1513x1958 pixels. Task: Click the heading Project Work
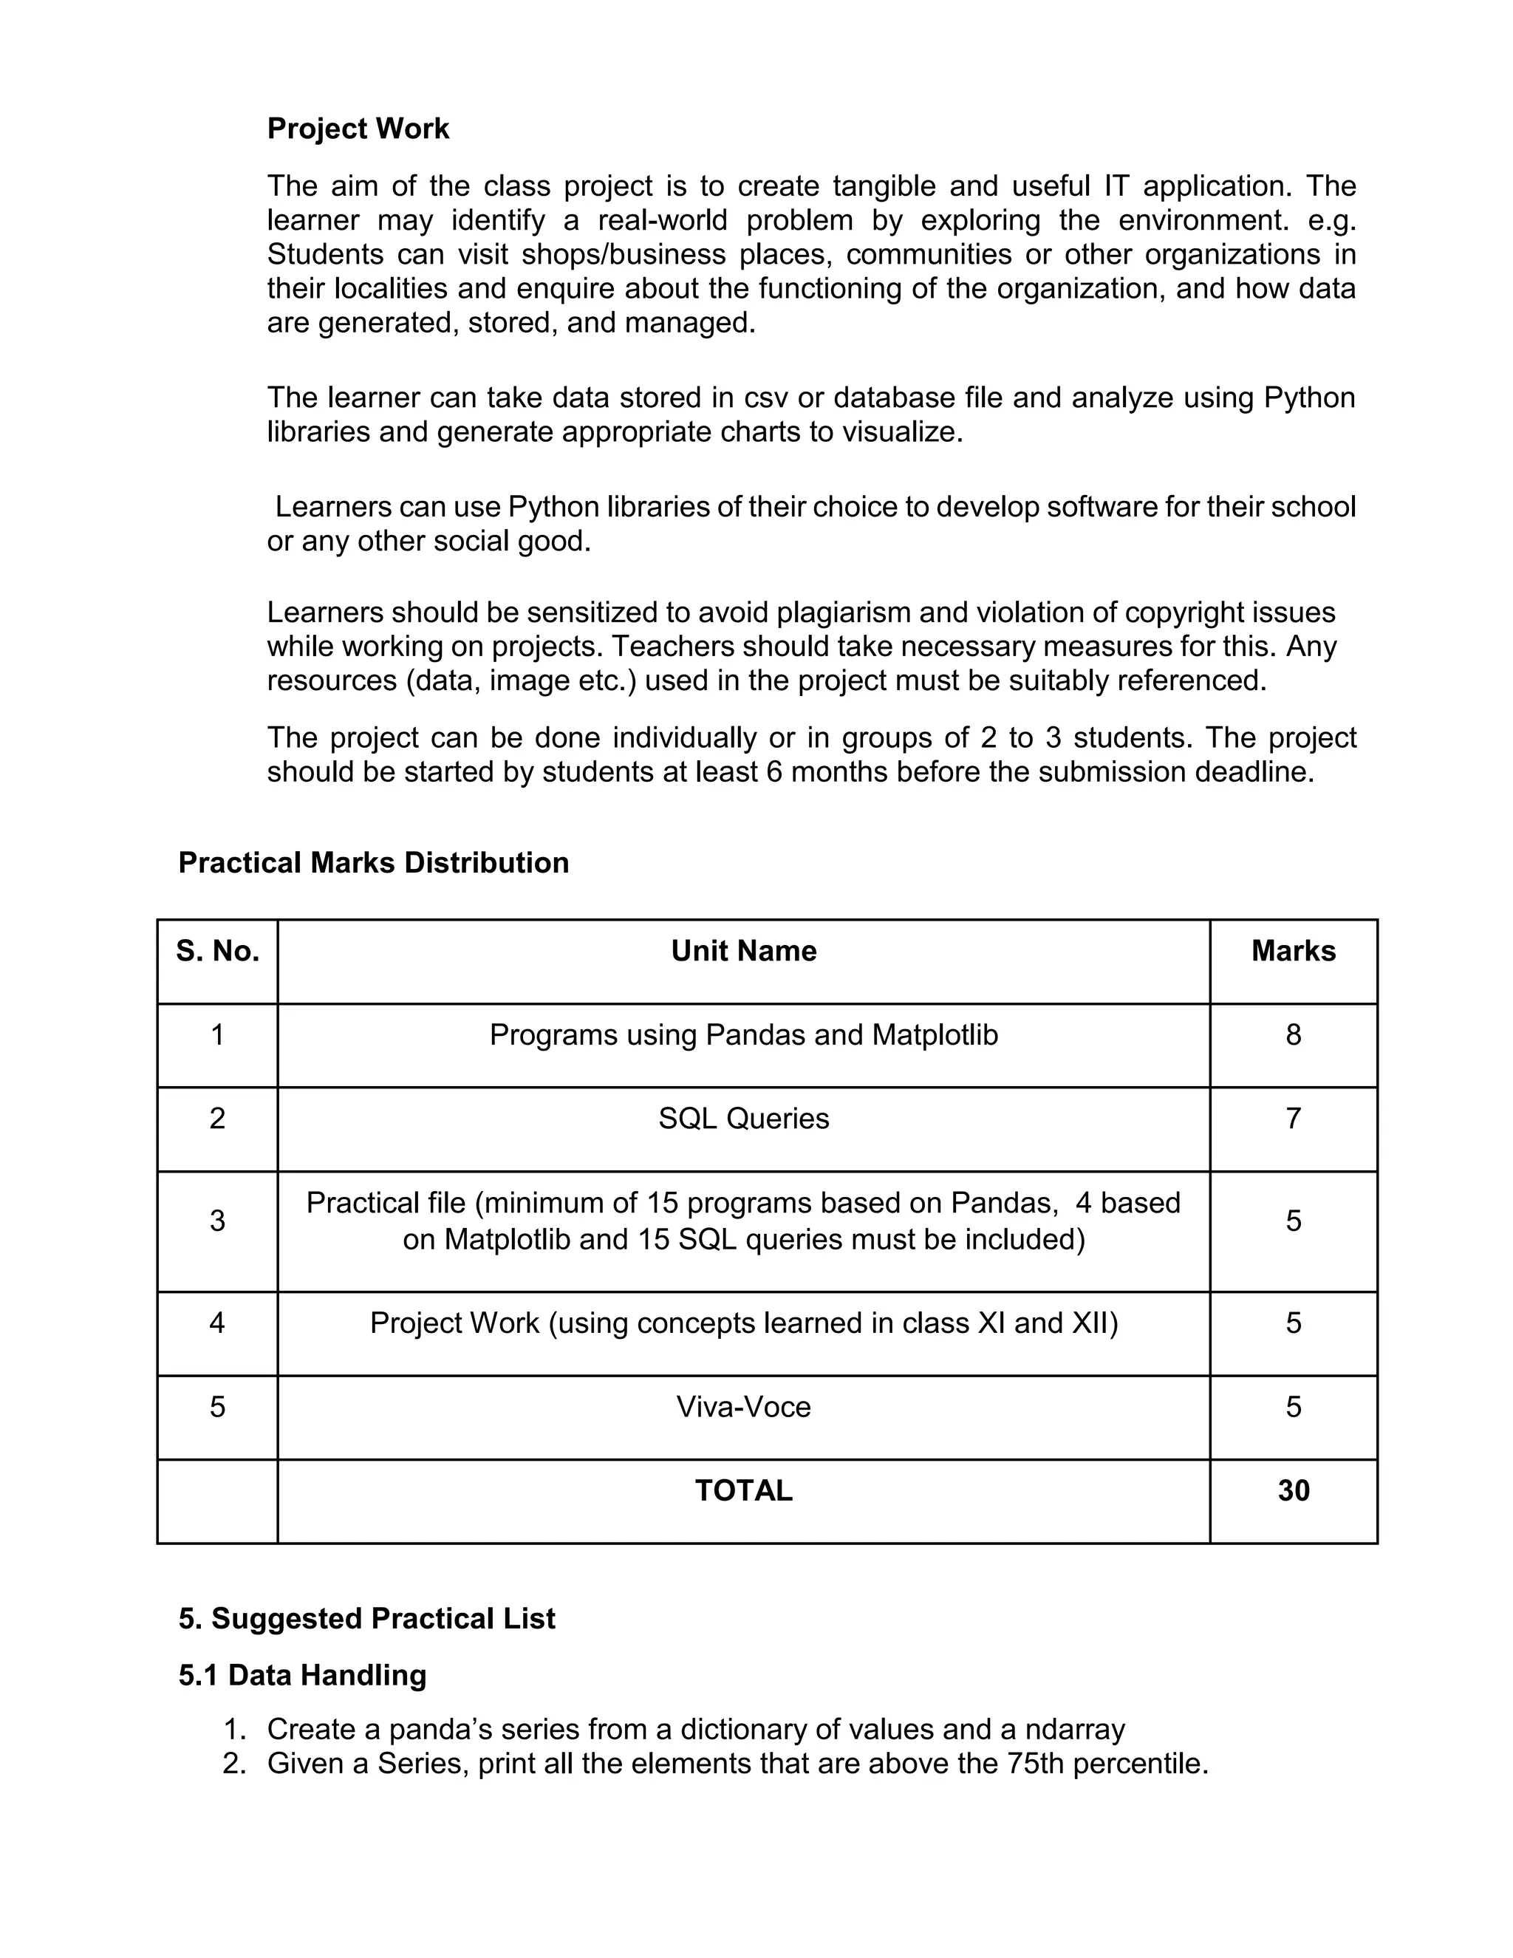coord(358,129)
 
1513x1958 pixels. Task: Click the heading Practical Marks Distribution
coord(373,862)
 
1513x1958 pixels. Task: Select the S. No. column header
coord(218,951)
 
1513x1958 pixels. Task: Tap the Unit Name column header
coord(743,951)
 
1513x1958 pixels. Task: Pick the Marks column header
coord(1293,951)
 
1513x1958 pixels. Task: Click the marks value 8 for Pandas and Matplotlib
coord(1293,1035)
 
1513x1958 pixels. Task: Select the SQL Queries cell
coord(743,1119)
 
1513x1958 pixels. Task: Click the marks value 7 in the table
coord(1293,1119)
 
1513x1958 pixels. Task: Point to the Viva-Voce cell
coord(743,1407)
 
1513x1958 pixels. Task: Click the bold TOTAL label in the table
coord(743,1491)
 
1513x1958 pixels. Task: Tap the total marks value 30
coord(1293,1491)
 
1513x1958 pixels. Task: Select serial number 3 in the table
coord(218,1221)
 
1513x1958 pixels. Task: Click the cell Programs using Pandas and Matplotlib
coord(743,1035)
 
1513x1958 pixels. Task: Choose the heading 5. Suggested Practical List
coord(366,1618)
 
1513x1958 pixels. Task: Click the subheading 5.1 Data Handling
coord(302,1675)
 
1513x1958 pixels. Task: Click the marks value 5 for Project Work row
coord(1293,1323)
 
